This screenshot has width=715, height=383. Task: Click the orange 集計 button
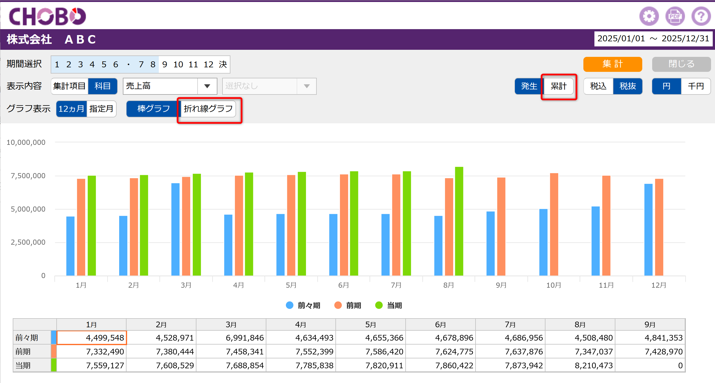point(613,64)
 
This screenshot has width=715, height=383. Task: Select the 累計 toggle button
point(558,86)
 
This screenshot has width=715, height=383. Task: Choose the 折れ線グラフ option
point(208,109)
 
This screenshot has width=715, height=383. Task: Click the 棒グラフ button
point(153,109)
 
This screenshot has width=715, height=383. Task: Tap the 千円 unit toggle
point(695,86)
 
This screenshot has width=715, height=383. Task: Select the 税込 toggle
point(598,86)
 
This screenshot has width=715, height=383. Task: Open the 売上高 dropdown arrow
point(207,86)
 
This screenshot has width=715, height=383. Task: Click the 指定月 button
point(101,109)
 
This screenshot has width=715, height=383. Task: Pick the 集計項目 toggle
point(69,86)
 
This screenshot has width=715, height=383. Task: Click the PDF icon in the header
point(675,16)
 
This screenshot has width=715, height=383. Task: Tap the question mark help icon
point(701,16)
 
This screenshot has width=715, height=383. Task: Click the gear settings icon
point(649,16)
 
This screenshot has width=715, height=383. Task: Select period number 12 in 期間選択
point(208,64)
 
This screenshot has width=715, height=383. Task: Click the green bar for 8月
point(459,221)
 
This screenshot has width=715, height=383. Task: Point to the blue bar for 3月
point(175,229)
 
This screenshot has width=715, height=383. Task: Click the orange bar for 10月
point(554,224)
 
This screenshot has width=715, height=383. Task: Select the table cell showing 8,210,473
point(580,365)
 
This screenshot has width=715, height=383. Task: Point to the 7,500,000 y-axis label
point(28,176)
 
